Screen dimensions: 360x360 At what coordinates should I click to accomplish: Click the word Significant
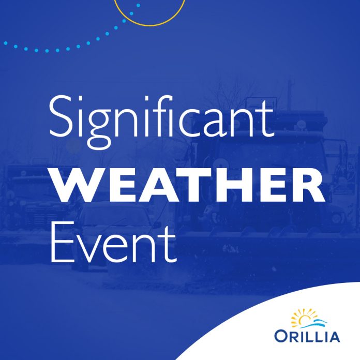pos(161,122)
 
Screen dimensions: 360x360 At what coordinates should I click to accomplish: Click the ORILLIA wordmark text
pos(307,336)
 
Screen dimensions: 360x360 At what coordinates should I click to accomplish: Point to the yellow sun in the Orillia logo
pos(303,318)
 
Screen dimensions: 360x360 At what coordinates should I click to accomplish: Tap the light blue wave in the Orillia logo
pos(314,323)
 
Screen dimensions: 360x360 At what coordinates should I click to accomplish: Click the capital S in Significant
pos(60,116)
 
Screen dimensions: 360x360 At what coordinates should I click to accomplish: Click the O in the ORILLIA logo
pos(280,337)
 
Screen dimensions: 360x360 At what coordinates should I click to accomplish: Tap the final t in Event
pos(169,246)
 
